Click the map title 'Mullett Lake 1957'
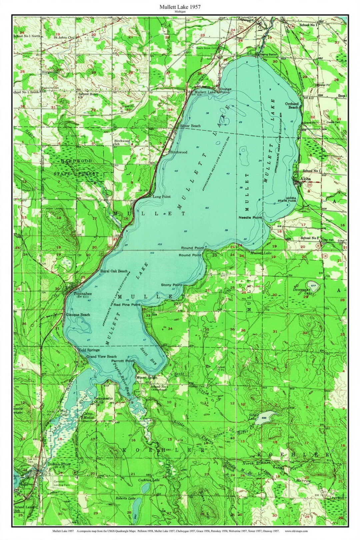pyautogui.click(x=180, y=6)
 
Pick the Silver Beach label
pyautogui.click(x=190, y=126)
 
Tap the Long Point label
pyautogui.click(x=161, y=197)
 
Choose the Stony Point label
pyautogui.click(x=171, y=285)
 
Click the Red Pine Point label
pyautogui.click(x=127, y=304)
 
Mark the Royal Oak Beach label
pyautogui.click(x=114, y=271)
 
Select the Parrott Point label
pyautogui.click(x=123, y=361)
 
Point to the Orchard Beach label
pyautogui.click(x=292, y=105)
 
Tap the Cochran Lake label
pyautogui.click(x=149, y=480)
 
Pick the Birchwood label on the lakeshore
pyautogui.click(x=179, y=152)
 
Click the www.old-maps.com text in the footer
pyautogui.click(x=296, y=531)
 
